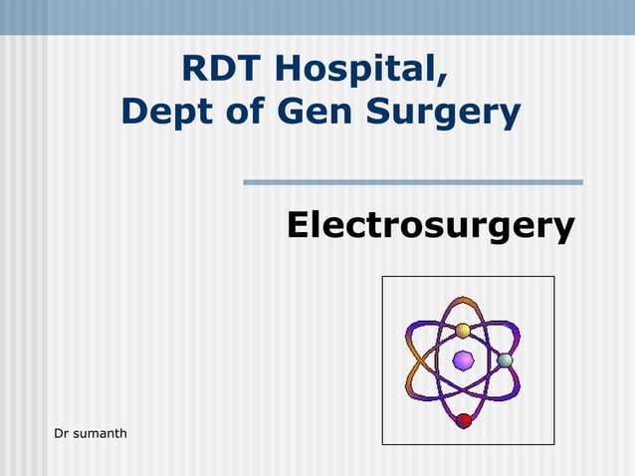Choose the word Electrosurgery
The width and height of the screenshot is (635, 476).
[x=430, y=226]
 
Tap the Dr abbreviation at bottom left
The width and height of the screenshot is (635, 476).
[x=61, y=432]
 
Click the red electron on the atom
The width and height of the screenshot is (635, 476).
[x=464, y=420]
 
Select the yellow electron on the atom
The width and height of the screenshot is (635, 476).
[x=463, y=331]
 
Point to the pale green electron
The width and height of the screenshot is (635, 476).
[x=506, y=359]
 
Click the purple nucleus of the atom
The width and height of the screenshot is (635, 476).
[x=463, y=359]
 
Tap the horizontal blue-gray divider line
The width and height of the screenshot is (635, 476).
[x=413, y=182]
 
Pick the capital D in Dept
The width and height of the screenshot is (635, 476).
[x=134, y=111]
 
